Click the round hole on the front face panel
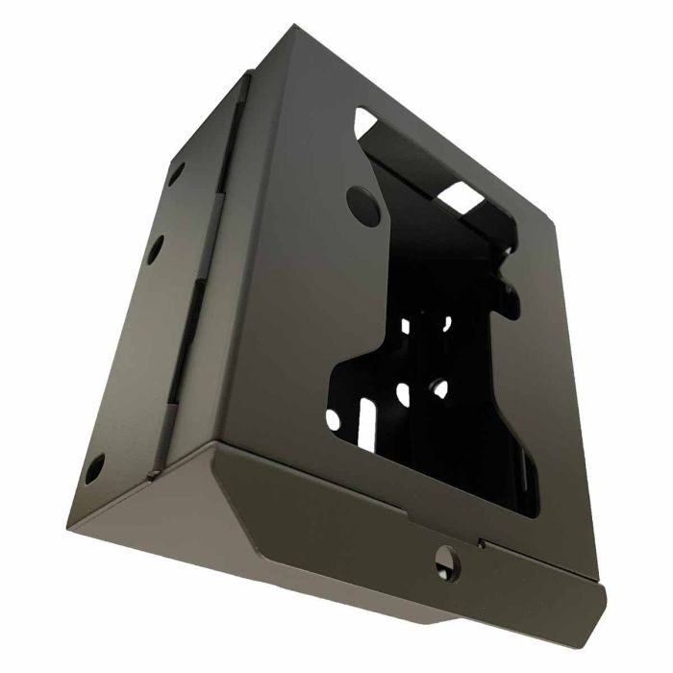point(361,202)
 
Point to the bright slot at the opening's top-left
point(366,121)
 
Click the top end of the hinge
point(244,85)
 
